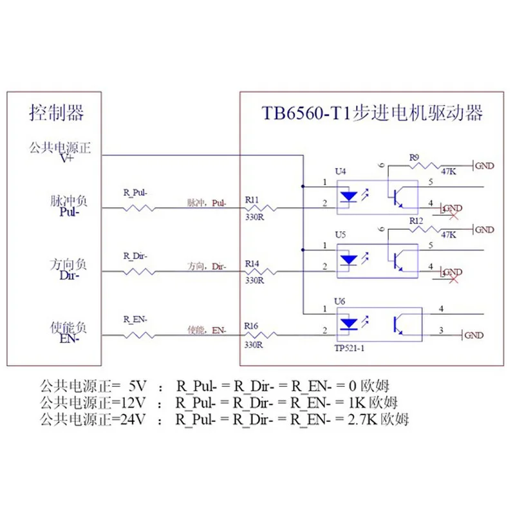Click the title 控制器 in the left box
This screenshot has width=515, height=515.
pyautogui.click(x=57, y=113)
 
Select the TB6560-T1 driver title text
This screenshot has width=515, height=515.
pyautogui.click(x=371, y=113)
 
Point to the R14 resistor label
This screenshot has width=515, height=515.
pyautogui.click(x=252, y=263)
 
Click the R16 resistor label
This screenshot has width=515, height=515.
pyautogui.click(x=252, y=326)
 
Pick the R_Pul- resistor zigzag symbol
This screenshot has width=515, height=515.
pyautogui.click(x=137, y=207)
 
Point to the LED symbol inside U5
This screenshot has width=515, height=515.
pyautogui.click(x=348, y=260)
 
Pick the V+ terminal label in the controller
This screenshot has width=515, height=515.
pyautogui.click(x=67, y=158)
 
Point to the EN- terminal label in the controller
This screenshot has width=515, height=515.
pyautogui.click(x=68, y=339)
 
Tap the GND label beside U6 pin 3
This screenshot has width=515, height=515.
pyautogui.click(x=474, y=335)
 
